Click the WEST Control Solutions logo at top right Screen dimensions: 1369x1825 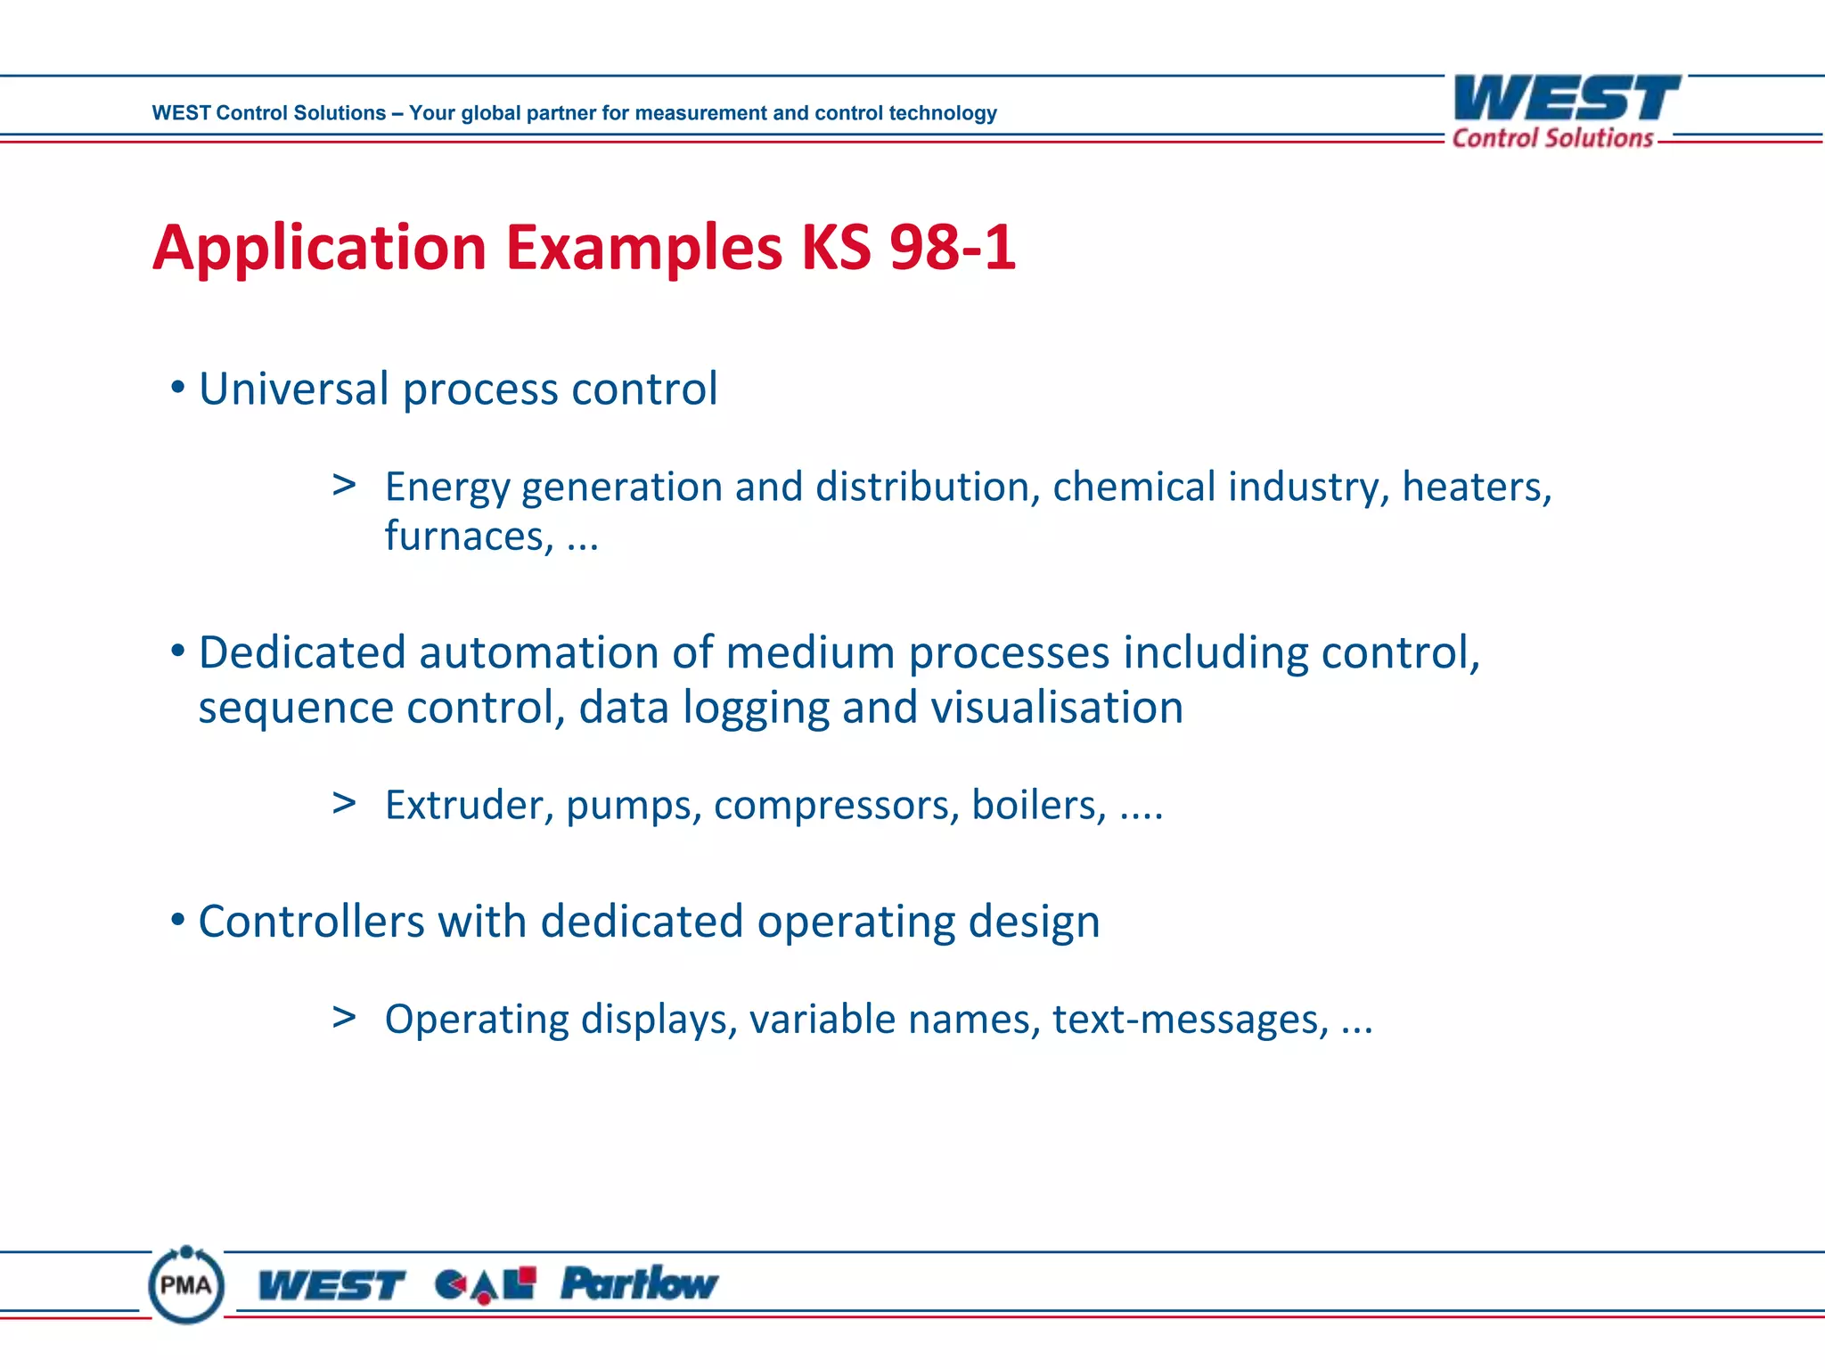point(1566,111)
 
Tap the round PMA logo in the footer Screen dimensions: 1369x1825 point(186,1284)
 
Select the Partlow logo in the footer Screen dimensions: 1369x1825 point(639,1284)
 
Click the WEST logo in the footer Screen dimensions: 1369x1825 point(331,1286)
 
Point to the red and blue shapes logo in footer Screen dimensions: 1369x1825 point(486,1285)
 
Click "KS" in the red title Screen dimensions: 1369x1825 point(835,247)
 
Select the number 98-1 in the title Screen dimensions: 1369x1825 point(953,247)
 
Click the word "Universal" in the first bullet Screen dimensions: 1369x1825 point(294,389)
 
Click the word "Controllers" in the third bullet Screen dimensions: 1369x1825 point(311,922)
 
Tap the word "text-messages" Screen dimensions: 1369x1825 point(1190,1020)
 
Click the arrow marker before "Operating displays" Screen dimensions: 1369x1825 point(344,1017)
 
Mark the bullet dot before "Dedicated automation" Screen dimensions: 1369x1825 point(178,652)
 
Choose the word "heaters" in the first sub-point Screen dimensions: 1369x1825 point(1475,488)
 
